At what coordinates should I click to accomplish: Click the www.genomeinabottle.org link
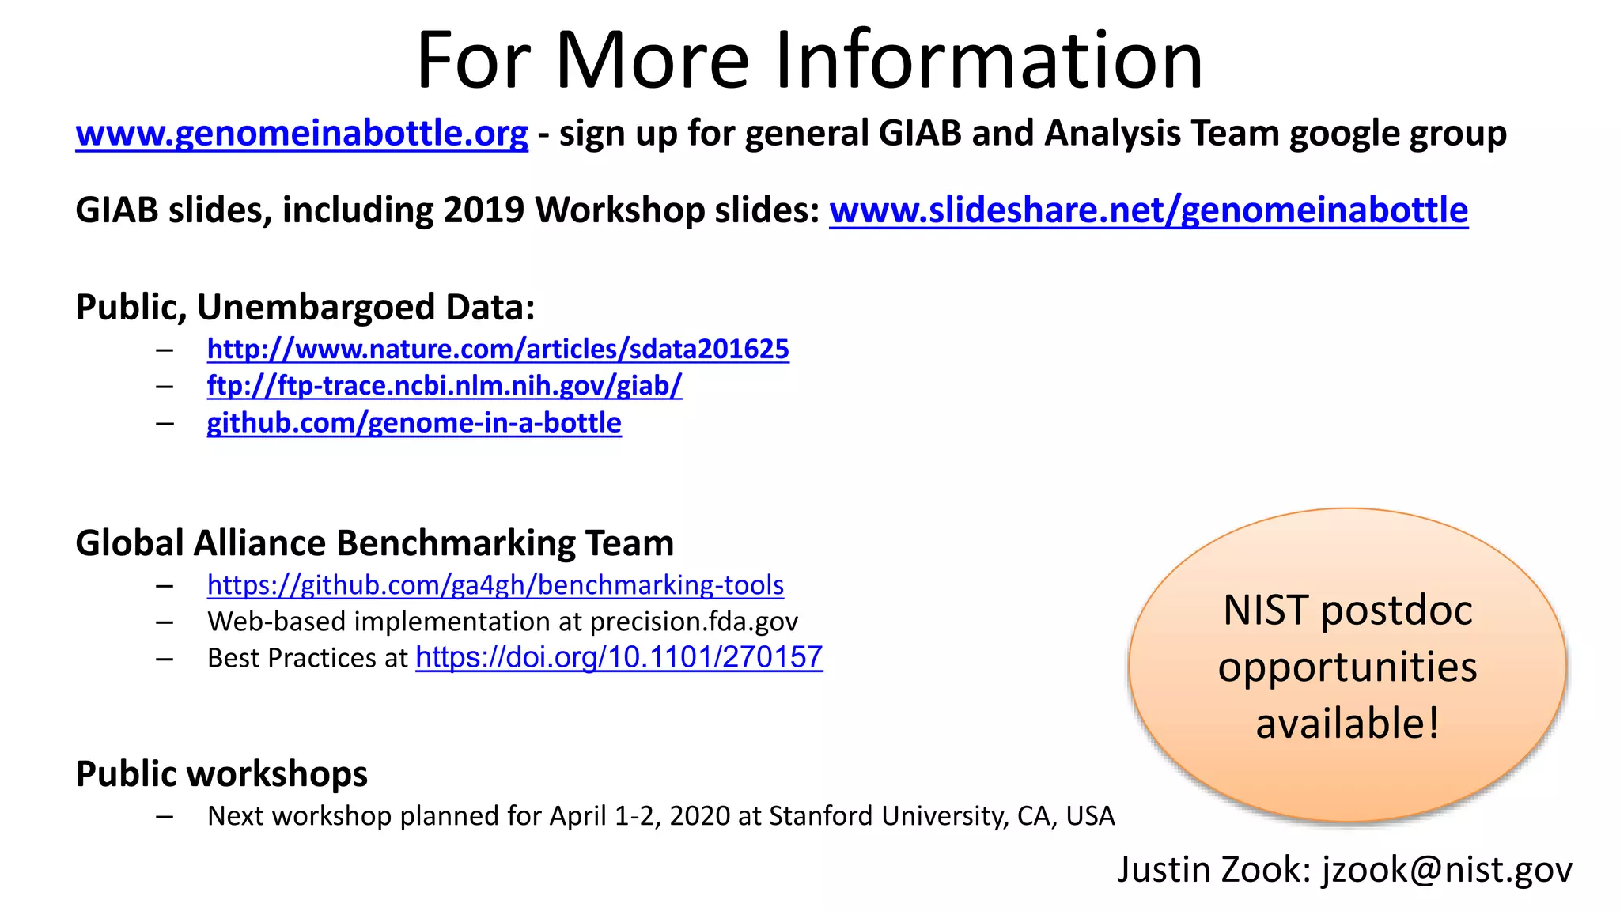point(301,134)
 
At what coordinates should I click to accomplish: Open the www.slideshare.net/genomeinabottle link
point(1148,210)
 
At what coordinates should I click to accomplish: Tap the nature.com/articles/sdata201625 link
point(498,350)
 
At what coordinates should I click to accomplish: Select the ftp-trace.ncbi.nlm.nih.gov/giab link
point(444,386)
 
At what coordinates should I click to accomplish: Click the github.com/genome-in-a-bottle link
point(414,423)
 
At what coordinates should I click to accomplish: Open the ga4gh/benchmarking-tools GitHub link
point(495,585)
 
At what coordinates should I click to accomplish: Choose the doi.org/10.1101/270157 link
point(619,657)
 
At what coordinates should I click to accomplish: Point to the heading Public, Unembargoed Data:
point(305,307)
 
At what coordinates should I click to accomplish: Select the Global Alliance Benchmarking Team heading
point(374,543)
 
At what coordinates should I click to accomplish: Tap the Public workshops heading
point(221,773)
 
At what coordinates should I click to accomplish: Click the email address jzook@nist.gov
point(1447,870)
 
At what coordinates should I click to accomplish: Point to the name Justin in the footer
point(1164,870)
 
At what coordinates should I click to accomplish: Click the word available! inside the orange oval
point(1347,724)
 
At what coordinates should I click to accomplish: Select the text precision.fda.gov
point(694,622)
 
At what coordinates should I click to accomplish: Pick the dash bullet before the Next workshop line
point(165,816)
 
